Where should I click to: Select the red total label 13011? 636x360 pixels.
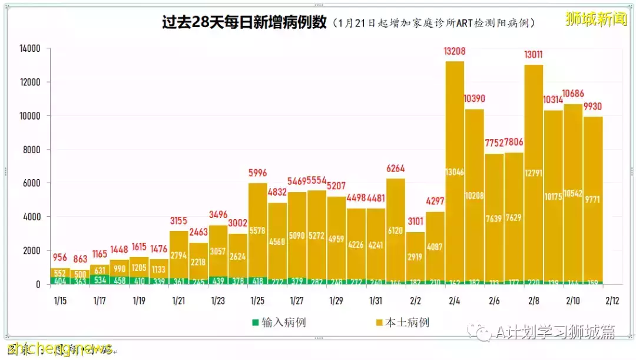pos(533,56)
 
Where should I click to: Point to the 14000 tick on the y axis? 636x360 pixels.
pos(29,48)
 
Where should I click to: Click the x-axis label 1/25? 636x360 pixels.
pos(257,300)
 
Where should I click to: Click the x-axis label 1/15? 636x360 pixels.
pos(59,300)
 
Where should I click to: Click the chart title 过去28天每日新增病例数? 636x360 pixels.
pos(244,23)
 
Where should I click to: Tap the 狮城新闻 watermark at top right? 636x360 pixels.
pos(596,19)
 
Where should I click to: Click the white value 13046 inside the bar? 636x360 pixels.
pos(454,171)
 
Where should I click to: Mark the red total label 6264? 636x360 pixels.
pos(395,169)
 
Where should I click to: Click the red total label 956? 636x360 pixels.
pos(59,258)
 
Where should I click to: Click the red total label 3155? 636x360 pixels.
pos(178,221)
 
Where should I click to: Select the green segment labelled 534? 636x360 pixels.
pos(100,279)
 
